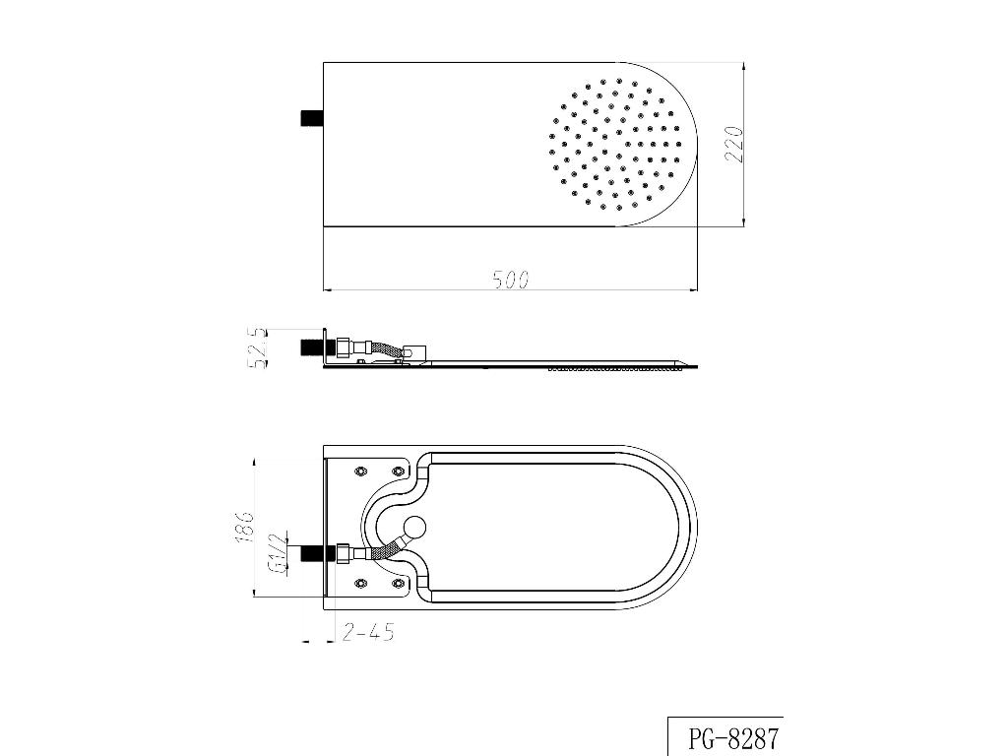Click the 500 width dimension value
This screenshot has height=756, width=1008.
[510, 280]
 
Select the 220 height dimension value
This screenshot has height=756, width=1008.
[733, 145]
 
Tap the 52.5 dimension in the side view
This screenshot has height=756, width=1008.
[257, 348]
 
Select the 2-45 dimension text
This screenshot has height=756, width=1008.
[368, 633]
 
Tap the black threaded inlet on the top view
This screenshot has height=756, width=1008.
[312, 118]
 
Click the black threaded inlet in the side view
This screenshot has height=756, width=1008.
[312, 347]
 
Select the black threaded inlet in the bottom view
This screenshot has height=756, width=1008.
[312, 553]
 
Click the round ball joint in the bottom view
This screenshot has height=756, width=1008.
[415, 528]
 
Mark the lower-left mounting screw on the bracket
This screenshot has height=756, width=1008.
[360, 584]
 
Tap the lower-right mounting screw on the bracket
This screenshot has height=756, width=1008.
[398, 584]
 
